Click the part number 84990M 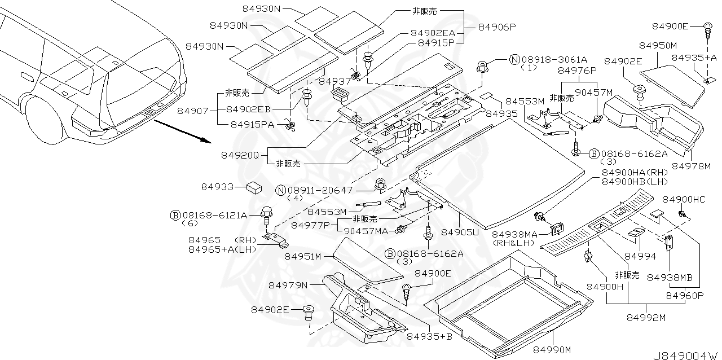(553, 350)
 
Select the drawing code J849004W (685, 355)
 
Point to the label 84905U (460, 232)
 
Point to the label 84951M (303, 256)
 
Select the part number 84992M (646, 318)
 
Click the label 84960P (685, 295)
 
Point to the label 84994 (640, 256)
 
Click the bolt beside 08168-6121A (266, 214)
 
